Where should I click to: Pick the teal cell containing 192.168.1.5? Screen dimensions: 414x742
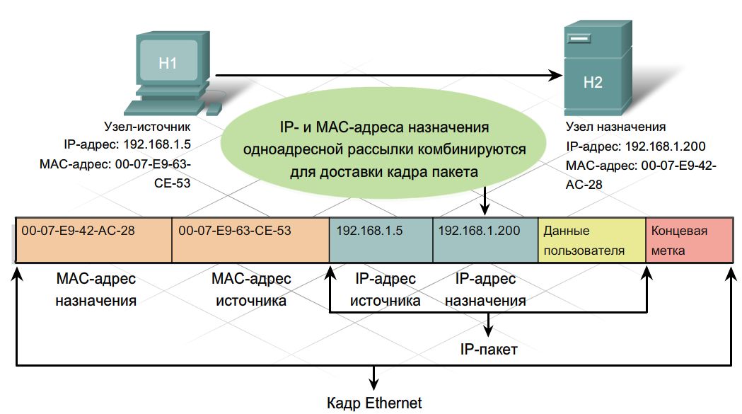(381, 241)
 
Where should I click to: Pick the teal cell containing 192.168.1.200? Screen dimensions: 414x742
(485, 241)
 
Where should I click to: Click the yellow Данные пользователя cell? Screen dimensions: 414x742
(591, 241)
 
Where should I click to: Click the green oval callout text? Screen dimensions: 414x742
(383, 149)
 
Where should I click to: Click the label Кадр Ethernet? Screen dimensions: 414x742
(374, 403)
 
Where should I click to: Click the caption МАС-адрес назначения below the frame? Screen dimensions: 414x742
(95, 289)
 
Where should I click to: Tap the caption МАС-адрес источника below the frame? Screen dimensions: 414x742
(250, 289)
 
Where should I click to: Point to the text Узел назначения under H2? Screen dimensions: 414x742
(615, 127)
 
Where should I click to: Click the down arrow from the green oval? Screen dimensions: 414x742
(485, 202)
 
